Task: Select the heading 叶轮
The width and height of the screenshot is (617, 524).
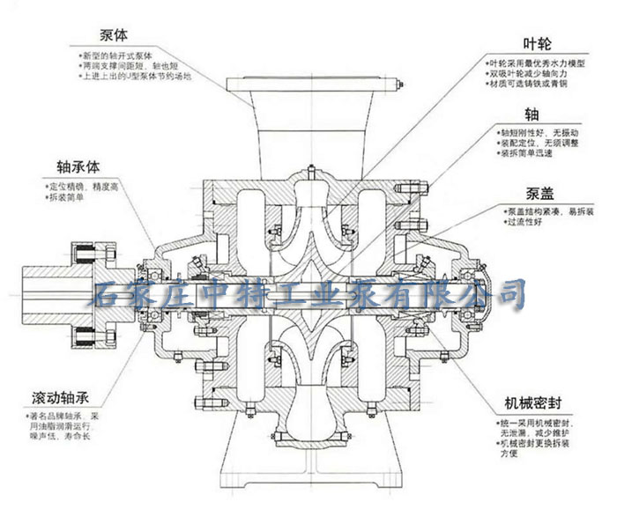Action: click(538, 44)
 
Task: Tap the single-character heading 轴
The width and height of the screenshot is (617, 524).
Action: click(532, 114)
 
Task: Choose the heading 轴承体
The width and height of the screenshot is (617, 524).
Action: click(75, 166)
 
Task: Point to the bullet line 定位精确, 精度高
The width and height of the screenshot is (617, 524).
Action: click(79, 186)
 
